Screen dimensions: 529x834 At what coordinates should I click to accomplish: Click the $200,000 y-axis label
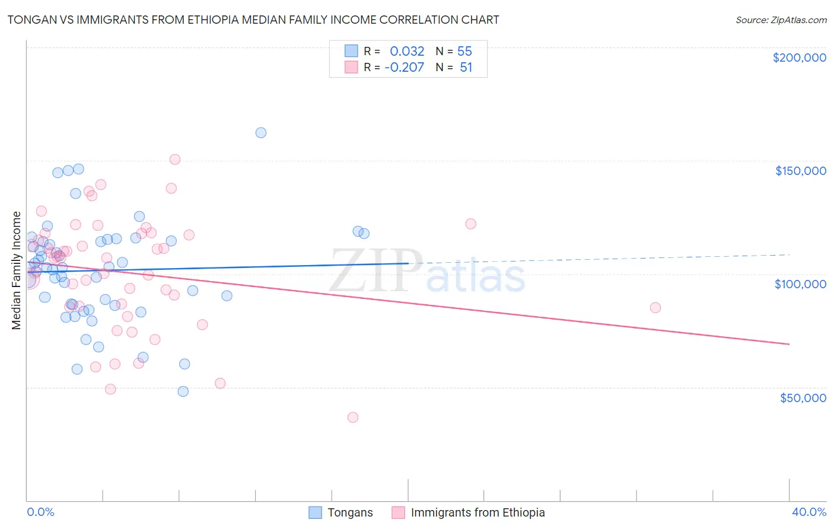coord(799,58)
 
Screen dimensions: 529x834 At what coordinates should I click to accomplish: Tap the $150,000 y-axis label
coord(800,171)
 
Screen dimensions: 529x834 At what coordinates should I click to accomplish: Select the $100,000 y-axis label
coord(800,284)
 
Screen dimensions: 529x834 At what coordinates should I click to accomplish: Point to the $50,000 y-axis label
coord(803,397)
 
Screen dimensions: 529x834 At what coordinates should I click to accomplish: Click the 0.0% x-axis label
coord(40,512)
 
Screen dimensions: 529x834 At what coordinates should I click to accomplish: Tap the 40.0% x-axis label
coord(808,512)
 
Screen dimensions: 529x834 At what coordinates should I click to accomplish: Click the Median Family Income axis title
coord(17,270)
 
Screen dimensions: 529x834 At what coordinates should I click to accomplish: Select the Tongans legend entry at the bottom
coord(350,512)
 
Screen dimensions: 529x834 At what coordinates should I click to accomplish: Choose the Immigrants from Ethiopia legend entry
coord(478,512)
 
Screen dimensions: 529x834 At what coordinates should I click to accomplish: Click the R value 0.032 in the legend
coord(407,52)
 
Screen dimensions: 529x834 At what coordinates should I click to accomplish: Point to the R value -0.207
coord(404,68)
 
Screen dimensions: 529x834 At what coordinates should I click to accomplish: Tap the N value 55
coord(464,52)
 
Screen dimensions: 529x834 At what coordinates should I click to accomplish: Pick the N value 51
coord(466,68)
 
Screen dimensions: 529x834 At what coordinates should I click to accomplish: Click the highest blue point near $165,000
coord(261,133)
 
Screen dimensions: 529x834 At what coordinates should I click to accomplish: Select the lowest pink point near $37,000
coord(353,418)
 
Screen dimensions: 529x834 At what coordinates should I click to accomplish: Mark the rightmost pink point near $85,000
coord(655,308)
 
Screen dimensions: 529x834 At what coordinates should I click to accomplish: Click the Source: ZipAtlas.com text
coord(781,20)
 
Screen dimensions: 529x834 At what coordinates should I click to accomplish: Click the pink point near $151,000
coord(175,160)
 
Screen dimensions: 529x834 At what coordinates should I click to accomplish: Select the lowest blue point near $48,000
coord(183,391)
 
